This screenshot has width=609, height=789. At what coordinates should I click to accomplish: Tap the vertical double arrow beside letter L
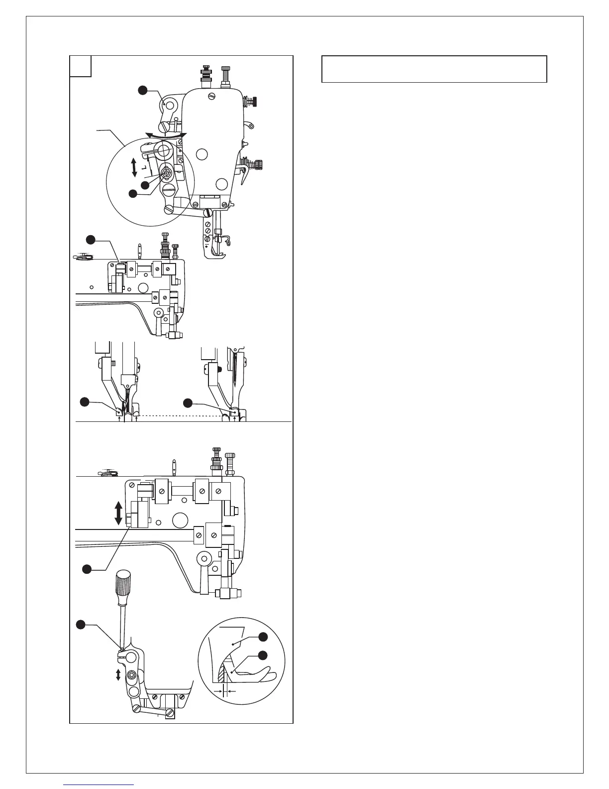point(134,167)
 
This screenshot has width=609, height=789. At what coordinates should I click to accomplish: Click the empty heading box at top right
point(434,69)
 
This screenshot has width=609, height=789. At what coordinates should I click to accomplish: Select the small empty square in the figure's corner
point(80,66)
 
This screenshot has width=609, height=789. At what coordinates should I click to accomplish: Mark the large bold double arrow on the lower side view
point(118,513)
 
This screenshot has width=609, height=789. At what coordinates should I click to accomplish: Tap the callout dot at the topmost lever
point(143,90)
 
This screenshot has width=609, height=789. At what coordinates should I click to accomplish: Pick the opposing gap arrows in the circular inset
point(223,691)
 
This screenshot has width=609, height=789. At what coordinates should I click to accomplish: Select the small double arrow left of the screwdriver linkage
point(118,675)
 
